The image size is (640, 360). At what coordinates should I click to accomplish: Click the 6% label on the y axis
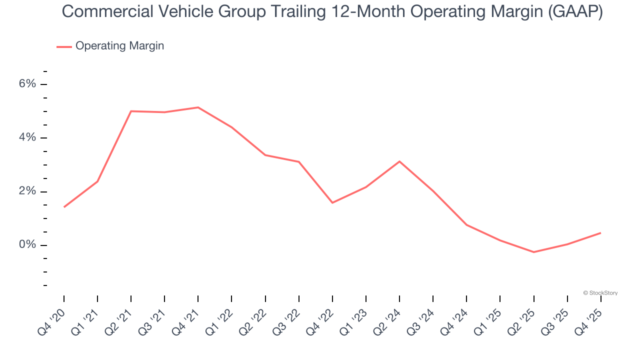(x=27, y=84)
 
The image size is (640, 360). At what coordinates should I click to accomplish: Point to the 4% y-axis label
(x=27, y=137)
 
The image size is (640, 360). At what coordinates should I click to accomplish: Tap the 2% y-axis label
(x=27, y=191)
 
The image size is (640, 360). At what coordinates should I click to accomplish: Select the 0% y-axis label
(x=27, y=245)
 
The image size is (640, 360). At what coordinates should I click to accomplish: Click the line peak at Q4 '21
(x=198, y=107)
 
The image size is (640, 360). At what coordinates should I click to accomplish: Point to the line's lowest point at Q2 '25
(x=533, y=252)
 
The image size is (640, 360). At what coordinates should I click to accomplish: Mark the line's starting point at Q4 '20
(x=64, y=207)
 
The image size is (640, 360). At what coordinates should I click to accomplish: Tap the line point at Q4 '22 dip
(x=332, y=202)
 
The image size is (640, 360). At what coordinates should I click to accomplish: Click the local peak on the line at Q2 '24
(x=399, y=161)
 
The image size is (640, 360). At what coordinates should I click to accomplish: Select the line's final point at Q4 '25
(x=600, y=233)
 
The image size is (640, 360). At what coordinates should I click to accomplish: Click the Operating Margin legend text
(x=119, y=46)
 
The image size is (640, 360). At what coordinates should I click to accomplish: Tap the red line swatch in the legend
(x=64, y=46)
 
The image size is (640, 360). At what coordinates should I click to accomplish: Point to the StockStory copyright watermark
(x=600, y=293)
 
